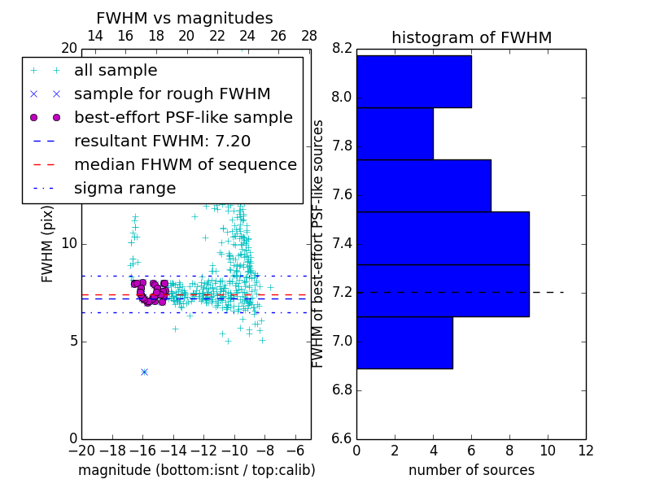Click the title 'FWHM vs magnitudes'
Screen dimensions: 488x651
coord(185,19)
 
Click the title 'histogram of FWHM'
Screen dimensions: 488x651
coord(471,37)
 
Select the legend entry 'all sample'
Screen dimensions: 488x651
coord(116,71)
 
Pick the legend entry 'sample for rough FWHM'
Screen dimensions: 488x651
coord(172,94)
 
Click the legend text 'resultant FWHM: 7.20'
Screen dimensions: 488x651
coord(162,141)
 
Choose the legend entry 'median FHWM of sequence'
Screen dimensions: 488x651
coord(185,164)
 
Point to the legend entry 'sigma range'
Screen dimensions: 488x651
coord(125,188)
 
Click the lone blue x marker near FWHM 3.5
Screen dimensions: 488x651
coord(144,372)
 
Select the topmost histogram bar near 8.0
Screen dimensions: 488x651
coord(413,81)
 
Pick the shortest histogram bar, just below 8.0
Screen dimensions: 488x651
coord(395,133)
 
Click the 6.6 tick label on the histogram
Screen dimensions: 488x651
coord(342,438)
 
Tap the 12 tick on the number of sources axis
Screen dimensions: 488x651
coord(585,451)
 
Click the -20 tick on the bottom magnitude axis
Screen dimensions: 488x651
coord(81,451)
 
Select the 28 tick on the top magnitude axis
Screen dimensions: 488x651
coord(309,36)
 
